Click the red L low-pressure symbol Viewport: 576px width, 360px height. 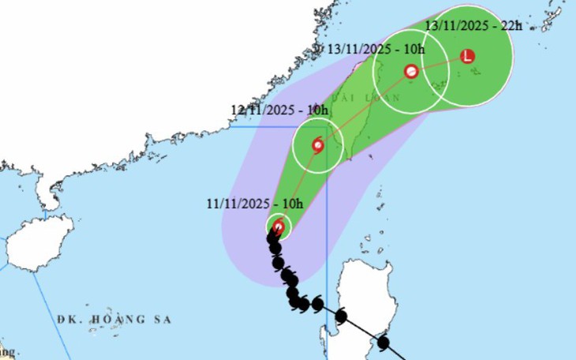point(467,56)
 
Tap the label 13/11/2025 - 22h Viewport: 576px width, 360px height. point(473,25)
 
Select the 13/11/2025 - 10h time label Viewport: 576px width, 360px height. point(377,49)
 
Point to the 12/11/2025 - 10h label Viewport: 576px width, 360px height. point(279,110)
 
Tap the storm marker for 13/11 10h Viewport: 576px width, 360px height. point(411,71)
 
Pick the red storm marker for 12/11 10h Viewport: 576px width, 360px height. point(317,145)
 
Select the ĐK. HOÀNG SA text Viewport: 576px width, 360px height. point(114,319)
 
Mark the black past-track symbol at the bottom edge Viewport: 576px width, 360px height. point(383,343)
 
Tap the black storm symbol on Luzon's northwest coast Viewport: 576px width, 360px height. point(341,317)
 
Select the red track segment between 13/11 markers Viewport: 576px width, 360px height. point(439,63)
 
